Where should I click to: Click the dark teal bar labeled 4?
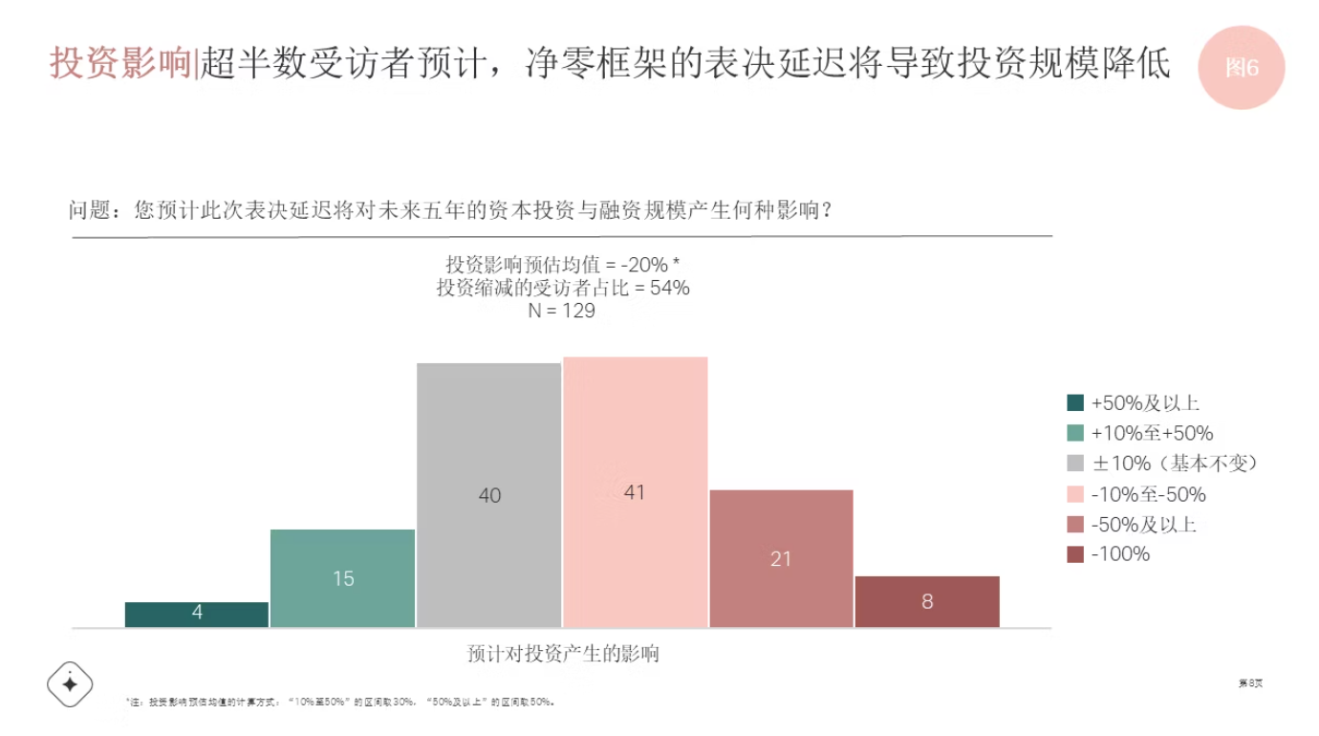197,615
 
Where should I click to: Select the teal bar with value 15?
343,578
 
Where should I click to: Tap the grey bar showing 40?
489,495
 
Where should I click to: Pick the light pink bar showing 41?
636,492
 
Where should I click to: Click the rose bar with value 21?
781,558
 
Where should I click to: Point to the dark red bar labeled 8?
927,601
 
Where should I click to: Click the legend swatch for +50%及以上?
1075,403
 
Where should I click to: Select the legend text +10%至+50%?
1151,434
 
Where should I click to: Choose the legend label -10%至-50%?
1148,494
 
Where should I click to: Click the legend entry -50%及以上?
1143,525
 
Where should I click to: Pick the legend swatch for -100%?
1075,554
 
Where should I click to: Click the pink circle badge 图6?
1242,68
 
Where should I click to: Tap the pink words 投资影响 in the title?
120,63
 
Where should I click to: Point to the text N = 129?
562,311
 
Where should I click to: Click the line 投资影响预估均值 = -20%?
562,265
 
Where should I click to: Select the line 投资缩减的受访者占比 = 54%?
562,288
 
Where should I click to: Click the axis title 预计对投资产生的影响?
563,655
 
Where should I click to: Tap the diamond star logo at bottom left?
70,683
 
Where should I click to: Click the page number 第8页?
1250,683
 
